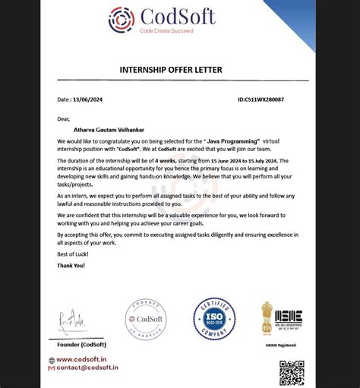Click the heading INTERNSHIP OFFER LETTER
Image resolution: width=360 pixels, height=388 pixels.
click(x=171, y=70)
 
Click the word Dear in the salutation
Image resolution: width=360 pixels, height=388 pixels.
click(x=64, y=118)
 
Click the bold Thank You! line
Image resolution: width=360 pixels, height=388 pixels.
click(x=71, y=266)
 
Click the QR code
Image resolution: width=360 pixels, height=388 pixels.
click(x=292, y=372)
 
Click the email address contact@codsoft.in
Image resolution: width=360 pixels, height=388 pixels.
click(x=87, y=367)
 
